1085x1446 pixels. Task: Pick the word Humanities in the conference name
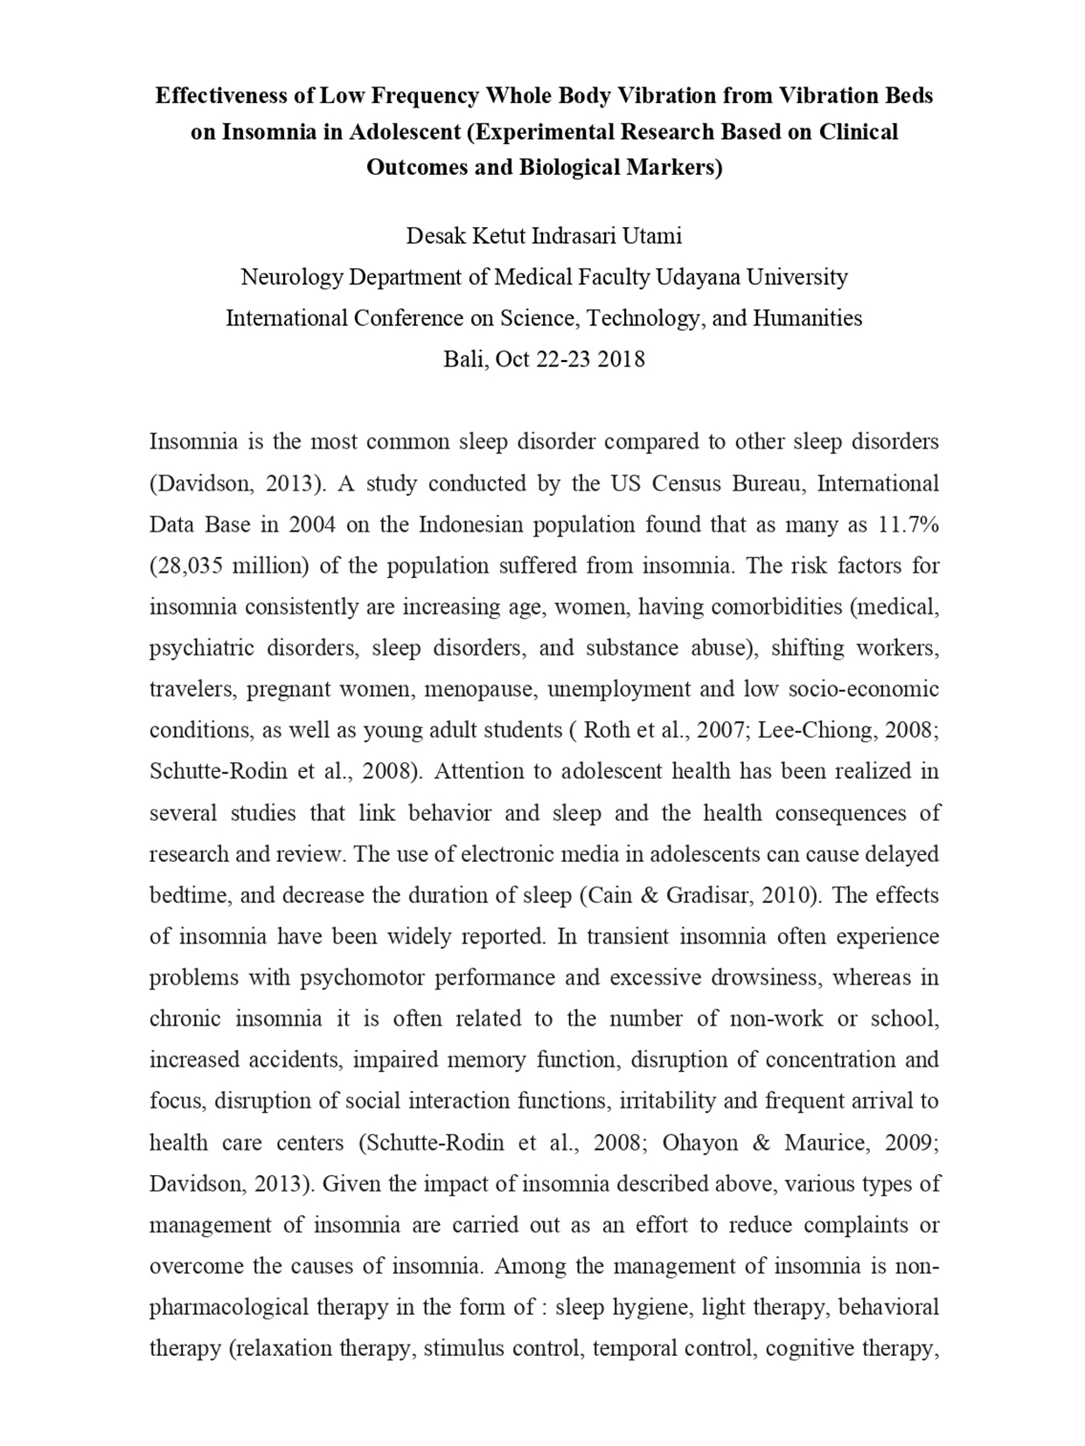(807, 318)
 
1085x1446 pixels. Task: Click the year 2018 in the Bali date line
(621, 359)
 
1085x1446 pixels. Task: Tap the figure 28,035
(193, 566)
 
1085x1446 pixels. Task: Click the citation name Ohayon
(688, 1143)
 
